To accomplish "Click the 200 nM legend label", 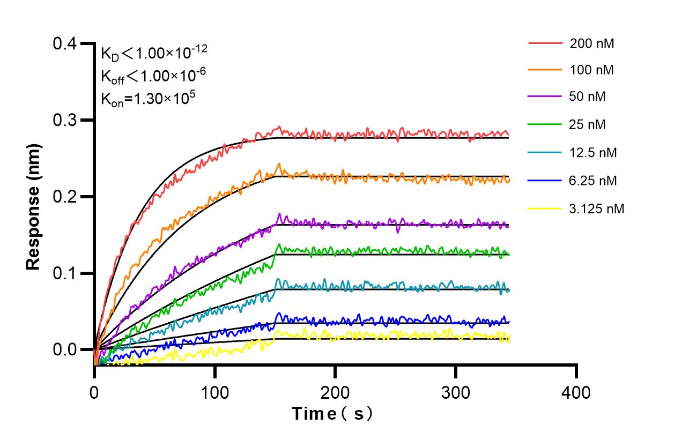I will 592,43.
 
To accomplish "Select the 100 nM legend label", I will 592,70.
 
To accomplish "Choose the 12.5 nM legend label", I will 594,153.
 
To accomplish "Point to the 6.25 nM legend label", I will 594,181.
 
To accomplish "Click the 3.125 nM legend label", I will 597,208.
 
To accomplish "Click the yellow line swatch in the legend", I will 545,208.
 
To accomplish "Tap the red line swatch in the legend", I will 545,42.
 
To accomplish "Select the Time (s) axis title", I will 332,414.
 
